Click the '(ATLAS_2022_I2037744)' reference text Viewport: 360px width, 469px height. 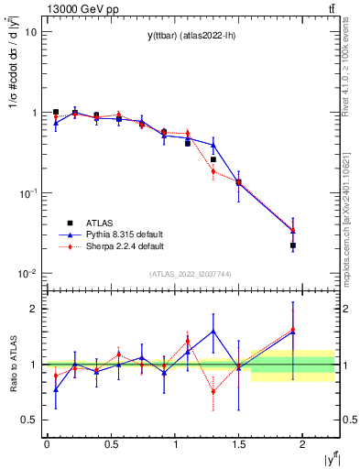tap(191, 274)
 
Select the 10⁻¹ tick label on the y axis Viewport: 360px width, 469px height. tap(27, 193)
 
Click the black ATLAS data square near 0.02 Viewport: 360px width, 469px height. tap(293, 245)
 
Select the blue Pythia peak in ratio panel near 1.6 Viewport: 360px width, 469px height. tap(213, 332)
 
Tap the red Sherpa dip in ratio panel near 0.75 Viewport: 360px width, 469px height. tap(213, 392)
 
